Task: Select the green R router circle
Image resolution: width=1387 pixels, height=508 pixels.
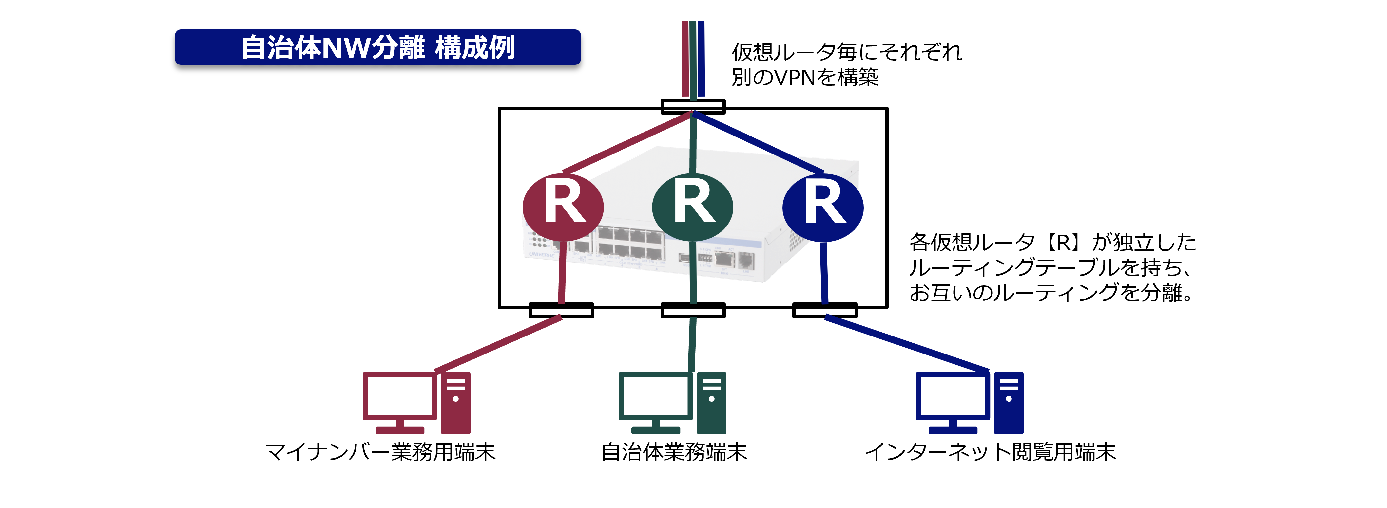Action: [x=692, y=207]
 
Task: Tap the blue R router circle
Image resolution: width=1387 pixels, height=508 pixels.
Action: [x=823, y=207]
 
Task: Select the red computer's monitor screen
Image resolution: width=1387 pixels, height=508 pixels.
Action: [x=399, y=395]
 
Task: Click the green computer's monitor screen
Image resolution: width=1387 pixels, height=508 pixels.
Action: [x=655, y=395]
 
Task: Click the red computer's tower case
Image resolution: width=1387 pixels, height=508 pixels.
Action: [x=455, y=414]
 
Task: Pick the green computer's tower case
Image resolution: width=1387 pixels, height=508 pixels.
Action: [x=711, y=414]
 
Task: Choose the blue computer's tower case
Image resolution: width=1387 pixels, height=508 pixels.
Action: [x=1009, y=414]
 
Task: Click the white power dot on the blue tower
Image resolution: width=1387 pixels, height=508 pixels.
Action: [x=1009, y=399]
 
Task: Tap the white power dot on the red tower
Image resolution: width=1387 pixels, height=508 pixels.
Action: [x=455, y=399]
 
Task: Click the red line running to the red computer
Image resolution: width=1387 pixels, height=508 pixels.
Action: [x=498, y=344]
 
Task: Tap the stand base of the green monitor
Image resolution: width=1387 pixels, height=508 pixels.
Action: [x=655, y=430]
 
